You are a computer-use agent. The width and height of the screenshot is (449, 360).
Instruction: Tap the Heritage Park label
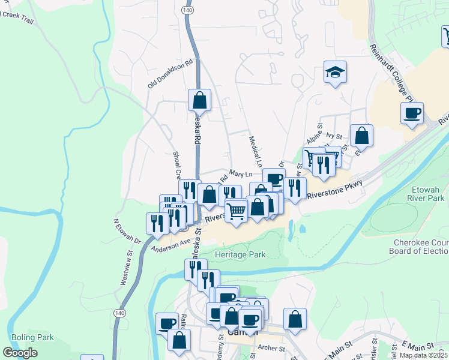(x=241, y=254)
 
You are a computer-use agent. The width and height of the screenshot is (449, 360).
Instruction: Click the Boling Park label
(x=32, y=337)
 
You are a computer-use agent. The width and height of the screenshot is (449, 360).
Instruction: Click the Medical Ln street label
(x=256, y=151)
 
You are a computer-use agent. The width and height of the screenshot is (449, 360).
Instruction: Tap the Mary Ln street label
(x=240, y=173)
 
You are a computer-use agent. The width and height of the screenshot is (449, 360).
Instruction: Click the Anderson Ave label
(x=170, y=246)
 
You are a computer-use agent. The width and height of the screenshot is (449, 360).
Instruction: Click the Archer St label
(x=271, y=347)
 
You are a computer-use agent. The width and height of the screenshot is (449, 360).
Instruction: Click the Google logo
(x=20, y=353)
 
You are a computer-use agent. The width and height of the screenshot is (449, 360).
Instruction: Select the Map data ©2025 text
(x=424, y=355)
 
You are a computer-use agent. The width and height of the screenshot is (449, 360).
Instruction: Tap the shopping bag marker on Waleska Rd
(x=200, y=100)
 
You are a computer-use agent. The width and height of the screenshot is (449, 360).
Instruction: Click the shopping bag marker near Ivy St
(x=362, y=136)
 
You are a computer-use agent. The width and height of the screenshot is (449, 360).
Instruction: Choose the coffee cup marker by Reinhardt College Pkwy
(x=412, y=113)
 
